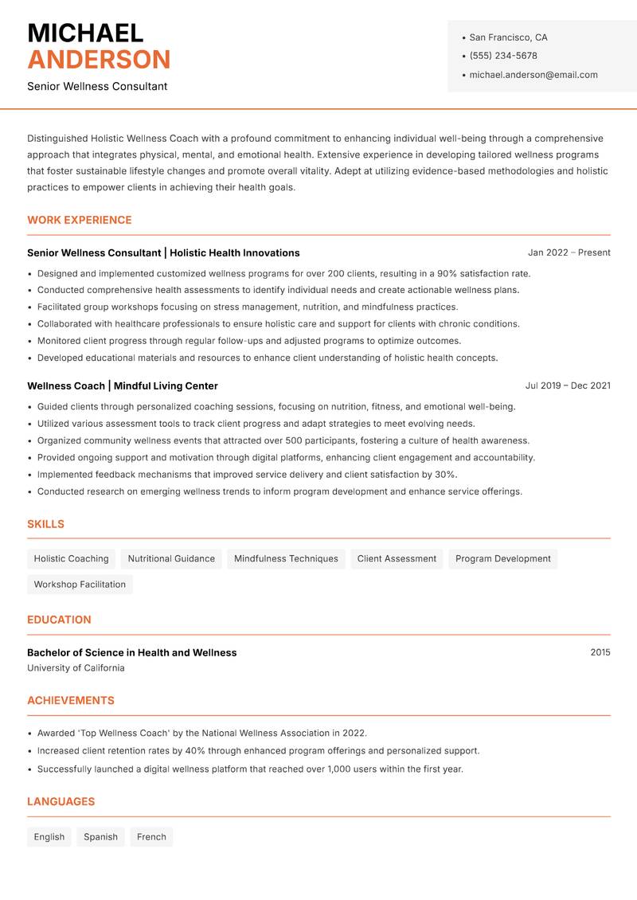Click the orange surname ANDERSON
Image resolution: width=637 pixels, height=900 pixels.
(99, 60)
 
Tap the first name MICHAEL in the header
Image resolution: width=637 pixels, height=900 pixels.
(85, 33)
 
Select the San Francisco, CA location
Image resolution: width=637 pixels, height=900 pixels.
(508, 37)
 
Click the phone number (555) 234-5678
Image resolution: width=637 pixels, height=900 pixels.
(503, 56)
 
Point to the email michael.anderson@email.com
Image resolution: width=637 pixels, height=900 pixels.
(533, 75)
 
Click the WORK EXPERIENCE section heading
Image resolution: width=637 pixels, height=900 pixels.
(80, 220)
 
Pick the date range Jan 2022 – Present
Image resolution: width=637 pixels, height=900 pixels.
(569, 252)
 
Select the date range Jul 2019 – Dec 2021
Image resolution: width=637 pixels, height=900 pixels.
(568, 385)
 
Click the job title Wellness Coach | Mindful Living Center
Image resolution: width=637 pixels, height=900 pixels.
(123, 385)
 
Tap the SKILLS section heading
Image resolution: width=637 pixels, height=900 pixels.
(45, 524)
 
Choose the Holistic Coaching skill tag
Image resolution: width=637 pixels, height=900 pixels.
(71, 558)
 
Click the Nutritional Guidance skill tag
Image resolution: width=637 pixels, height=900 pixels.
(171, 558)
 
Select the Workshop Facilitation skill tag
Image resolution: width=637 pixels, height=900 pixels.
(80, 584)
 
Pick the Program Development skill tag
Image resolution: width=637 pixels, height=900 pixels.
(502, 558)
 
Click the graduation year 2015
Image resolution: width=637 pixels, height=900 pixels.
(600, 652)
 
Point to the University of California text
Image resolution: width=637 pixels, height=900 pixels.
(76, 668)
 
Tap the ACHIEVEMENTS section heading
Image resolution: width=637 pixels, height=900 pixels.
(71, 701)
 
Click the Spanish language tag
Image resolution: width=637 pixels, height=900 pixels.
(100, 836)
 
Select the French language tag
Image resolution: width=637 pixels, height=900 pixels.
(151, 836)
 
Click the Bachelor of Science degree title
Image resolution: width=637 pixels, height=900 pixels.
(131, 652)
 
